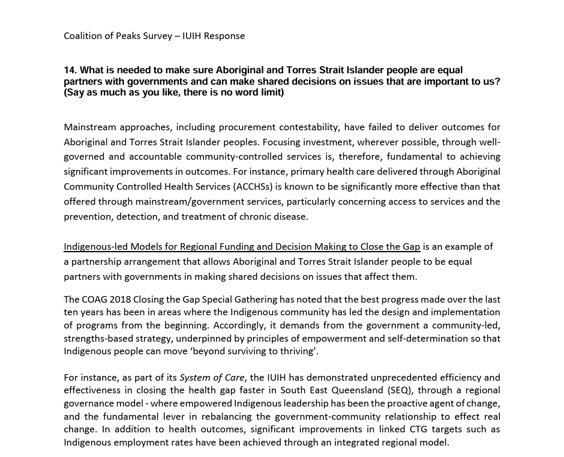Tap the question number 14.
tap(70, 70)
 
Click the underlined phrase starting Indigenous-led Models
tap(242, 247)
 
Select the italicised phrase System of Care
tap(212, 378)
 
